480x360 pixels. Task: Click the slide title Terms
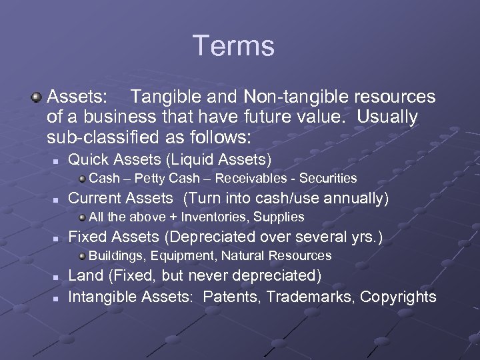point(233,46)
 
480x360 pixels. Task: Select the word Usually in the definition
point(387,117)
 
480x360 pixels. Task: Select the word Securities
point(328,179)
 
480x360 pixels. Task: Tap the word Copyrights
point(398,297)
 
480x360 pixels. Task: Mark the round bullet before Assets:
point(36,98)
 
